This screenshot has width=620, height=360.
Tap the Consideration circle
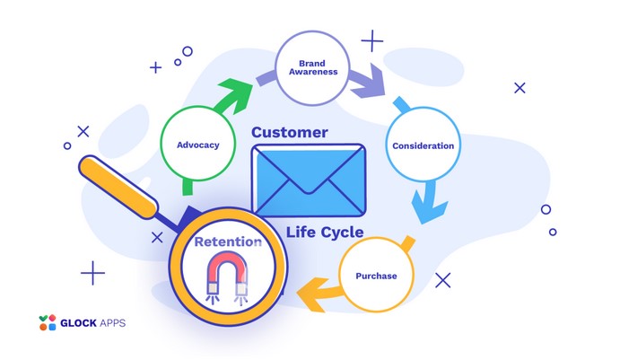423,145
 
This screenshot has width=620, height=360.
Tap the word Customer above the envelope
289,133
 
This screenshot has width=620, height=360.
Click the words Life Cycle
325,232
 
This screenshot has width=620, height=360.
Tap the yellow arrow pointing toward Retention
319,289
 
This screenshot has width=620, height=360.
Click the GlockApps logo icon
48,322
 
